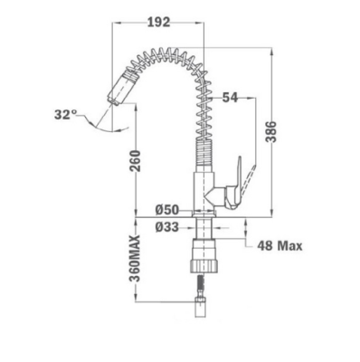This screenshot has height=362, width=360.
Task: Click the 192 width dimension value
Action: [159, 22]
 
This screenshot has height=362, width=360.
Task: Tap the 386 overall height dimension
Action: [271, 131]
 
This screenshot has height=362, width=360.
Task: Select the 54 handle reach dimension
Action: [230, 98]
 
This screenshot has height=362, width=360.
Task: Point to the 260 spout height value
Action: [136, 161]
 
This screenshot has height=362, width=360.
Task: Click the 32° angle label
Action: [65, 115]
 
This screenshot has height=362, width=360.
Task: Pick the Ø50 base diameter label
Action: [167, 210]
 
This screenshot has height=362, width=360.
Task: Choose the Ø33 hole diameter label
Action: [167, 227]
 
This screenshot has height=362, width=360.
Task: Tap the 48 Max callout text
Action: [279, 246]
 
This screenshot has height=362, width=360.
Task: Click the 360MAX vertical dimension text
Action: [135, 258]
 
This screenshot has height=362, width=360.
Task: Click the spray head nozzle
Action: [120, 88]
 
